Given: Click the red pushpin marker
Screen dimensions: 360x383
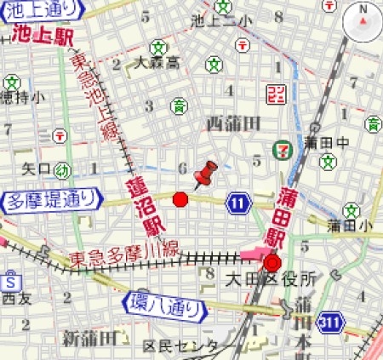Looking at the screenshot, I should tap(205, 173).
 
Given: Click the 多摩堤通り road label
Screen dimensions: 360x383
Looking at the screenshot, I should tap(44, 201).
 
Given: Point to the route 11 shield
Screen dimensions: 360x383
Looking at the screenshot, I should tap(239, 202).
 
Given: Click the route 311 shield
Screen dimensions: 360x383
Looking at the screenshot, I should tap(332, 322).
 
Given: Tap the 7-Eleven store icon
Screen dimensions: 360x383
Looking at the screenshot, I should tap(280, 149).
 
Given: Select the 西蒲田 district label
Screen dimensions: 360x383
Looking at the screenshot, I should tap(232, 124).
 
